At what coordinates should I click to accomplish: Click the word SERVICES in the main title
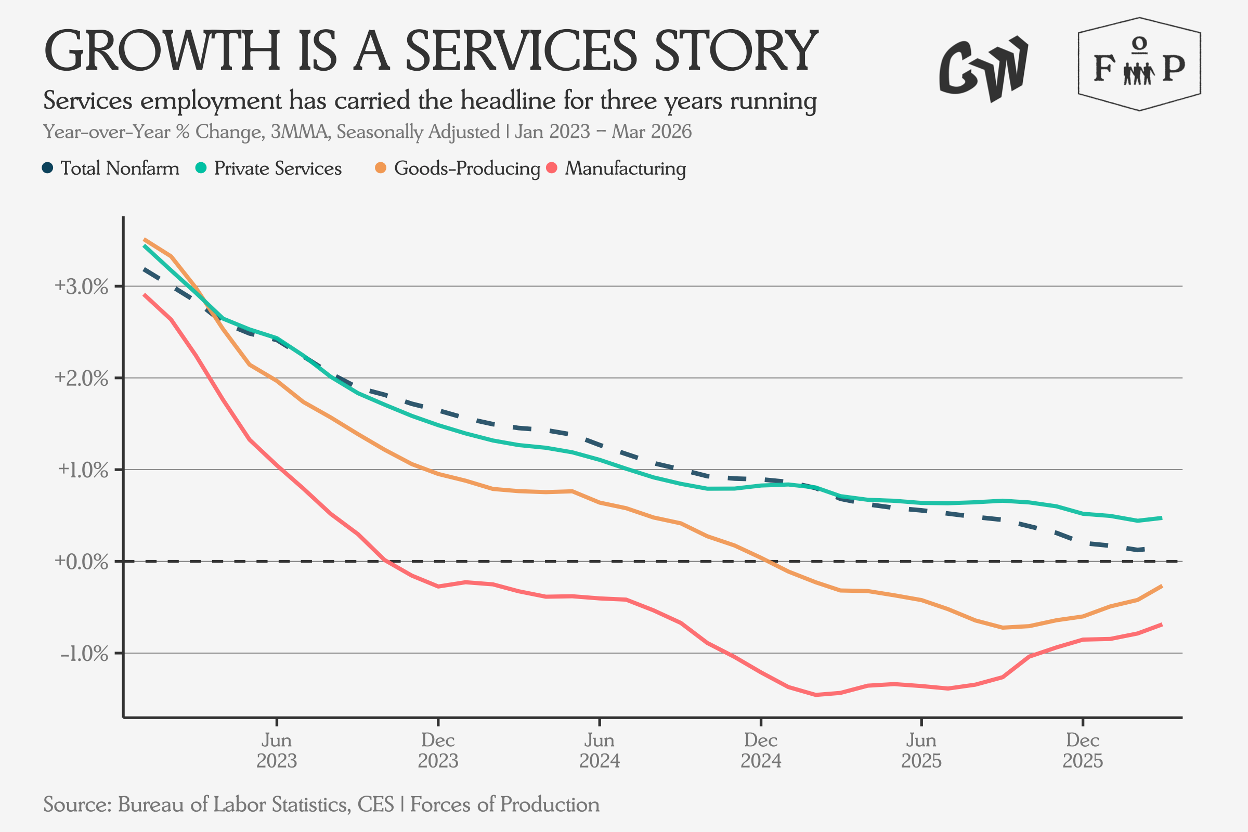(521, 51)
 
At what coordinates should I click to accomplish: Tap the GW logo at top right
(983, 68)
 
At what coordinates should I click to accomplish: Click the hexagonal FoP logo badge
(1139, 64)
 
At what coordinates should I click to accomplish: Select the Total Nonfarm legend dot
(48, 168)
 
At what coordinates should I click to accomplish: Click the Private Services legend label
(278, 168)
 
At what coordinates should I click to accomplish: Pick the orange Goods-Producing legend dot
(381, 168)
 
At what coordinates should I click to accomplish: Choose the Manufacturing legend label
(625, 168)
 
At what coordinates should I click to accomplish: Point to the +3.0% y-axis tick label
(81, 287)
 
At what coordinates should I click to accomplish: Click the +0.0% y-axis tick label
(81, 562)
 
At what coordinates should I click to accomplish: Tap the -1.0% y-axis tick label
(84, 653)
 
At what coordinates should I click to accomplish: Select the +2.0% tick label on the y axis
(81, 379)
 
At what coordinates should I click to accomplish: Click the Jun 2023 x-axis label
(277, 750)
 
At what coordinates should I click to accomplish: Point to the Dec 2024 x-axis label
(760, 750)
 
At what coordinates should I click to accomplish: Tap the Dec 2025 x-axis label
(1083, 750)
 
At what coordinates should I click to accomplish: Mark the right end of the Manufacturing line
(1162, 624)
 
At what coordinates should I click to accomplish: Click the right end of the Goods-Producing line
(1162, 586)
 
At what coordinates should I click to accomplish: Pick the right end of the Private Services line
(1162, 517)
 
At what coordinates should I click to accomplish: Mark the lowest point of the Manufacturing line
(815, 695)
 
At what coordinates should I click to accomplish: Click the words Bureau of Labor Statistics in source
(233, 804)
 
